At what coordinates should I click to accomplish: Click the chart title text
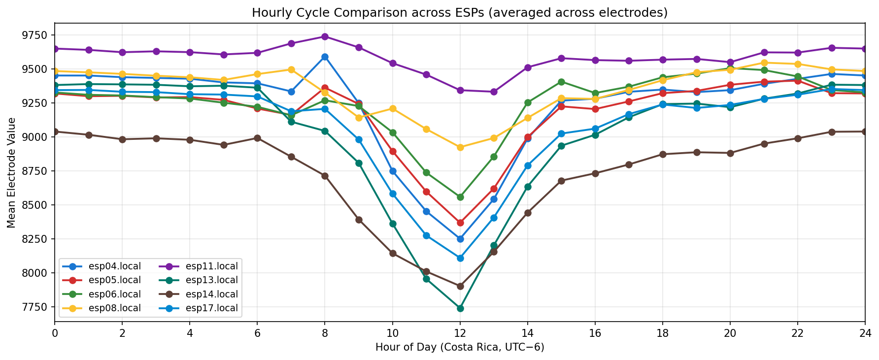tap(459, 12)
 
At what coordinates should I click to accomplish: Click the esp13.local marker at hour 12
tap(460, 308)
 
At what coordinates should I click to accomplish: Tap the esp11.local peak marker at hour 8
tap(325, 36)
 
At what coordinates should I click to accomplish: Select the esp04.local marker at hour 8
tap(325, 57)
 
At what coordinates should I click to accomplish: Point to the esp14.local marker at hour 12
tap(460, 286)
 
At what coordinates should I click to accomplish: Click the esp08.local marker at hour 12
tap(460, 147)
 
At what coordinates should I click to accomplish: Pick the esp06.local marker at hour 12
tap(460, 197)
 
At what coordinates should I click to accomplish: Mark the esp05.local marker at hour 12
tap(460, 223)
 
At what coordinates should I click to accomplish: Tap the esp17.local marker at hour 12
tap(460, 258)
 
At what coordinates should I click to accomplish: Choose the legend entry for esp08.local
tap(114, 308)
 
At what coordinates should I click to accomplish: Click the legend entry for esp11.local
tap(211, 266)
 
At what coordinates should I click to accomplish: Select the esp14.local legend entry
tap(211, 295)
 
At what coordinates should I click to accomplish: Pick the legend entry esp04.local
tap(114, 266)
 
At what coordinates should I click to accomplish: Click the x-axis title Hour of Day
tap(459, 347)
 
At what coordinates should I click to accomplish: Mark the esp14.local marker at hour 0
tap(55, 131)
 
